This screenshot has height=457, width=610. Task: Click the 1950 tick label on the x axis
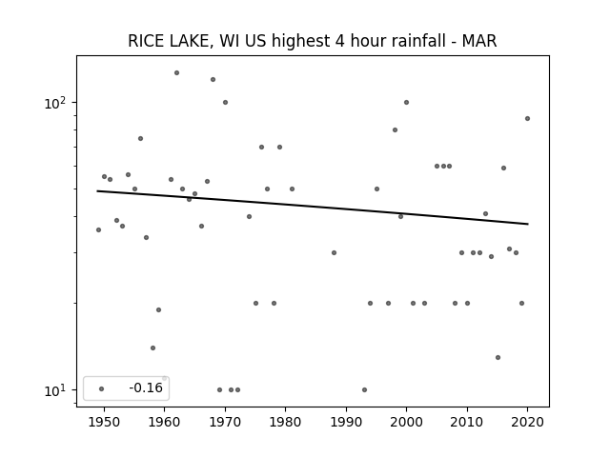point(104,422)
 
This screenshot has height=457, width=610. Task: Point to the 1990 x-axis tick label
point(346,422)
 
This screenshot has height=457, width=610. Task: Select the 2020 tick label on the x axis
point(527,422)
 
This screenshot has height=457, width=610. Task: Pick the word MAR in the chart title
point(479,41)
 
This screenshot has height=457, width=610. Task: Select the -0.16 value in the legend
point(146,387)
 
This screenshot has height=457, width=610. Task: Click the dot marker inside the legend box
point(102,388)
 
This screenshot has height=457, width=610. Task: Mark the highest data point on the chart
point(176,72)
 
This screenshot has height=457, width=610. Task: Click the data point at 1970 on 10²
point(225,102)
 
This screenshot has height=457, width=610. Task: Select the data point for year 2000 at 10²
point(407,102)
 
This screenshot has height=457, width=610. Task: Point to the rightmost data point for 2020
point(527,118)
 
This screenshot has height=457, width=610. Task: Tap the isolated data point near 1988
point(334,252)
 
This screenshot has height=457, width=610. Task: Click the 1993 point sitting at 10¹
point(364,389)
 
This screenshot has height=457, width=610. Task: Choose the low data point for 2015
point(498,358)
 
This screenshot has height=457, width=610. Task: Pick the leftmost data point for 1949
point(98,230)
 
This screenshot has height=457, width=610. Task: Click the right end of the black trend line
point(528,224)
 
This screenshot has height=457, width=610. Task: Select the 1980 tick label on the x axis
point(285,422)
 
